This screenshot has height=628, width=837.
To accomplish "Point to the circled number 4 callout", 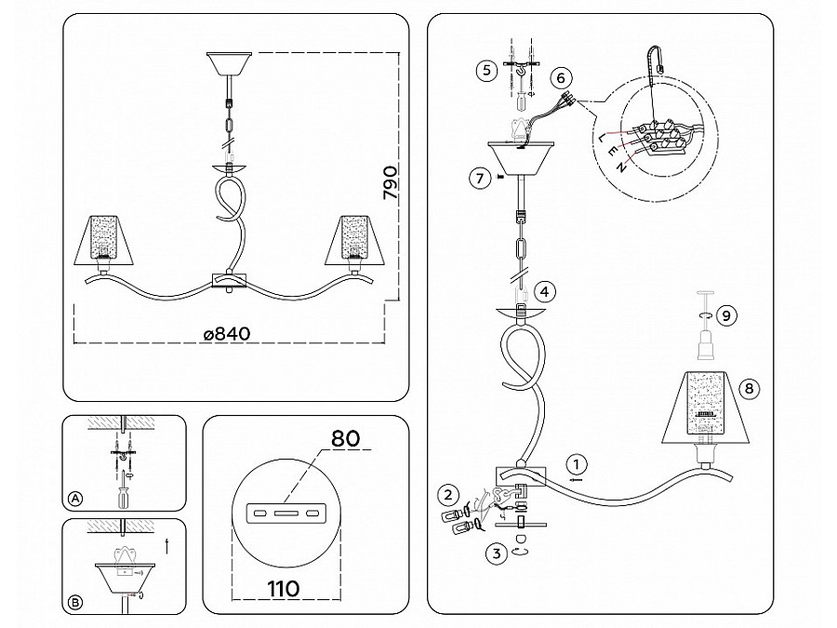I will [x=546, y=291].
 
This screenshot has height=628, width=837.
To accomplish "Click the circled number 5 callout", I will [x=484, y=70].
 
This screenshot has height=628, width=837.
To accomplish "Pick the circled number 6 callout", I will [x=560, y=78].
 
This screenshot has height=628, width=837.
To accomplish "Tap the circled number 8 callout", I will [x=750, y=388].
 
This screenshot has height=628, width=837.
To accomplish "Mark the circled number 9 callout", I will [x=728, y=316].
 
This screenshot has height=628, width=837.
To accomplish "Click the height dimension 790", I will [x=391, y=184].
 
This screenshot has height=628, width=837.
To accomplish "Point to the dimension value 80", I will [x=344, y=438].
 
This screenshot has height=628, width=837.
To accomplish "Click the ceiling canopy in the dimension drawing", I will [x=228, y=65].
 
